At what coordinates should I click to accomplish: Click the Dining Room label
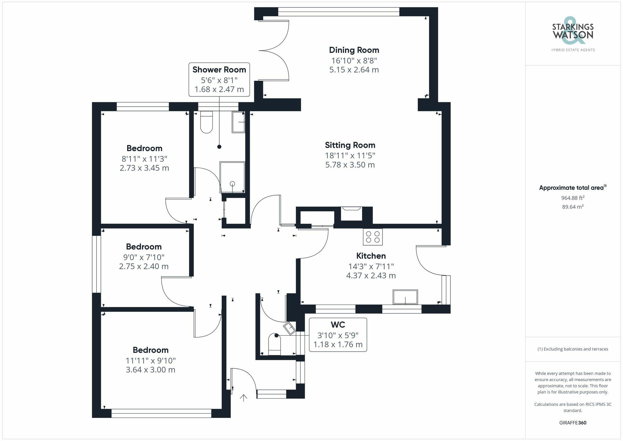pyautogui.click(x=354, y=50)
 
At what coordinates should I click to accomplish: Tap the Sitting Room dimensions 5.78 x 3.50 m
pyautogui.click(x=350, y=165)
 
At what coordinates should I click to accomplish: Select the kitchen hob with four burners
pyautogui.click(x=373, y=237)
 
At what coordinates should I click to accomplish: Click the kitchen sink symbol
pyautogui.click(x=405, y=297)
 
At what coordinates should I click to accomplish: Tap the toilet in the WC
pyautogui.click(x=274, y=344)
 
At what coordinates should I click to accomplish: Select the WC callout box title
pyautogui.click(x=338, y=325)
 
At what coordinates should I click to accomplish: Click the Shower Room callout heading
pyautogui.click(x=219, y=70)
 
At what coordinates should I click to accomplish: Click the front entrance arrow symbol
pyautogui.click(x=243, y=398)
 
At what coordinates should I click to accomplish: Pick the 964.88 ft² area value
pyautogui.click(x=573, y=198)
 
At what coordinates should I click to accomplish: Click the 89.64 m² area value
pyautogui.click(x=573, y=207)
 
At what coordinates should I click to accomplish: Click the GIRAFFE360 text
pyautogui.click(x=573, y=423)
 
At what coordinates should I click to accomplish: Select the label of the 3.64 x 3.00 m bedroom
pyautogui.click(x=150, y=350)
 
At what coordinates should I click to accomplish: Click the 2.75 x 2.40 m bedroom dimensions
pyautogui.click(x=144, y=266)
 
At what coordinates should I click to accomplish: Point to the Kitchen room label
pyautogui.click(x=371, y=256)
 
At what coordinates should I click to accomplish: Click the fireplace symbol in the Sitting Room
pyautogui.click(x=351, y=213)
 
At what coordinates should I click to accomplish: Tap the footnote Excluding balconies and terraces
pyautogui.click(x=573, y=349)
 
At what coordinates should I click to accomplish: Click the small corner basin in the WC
pyautogui.click(x=289, y=328)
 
